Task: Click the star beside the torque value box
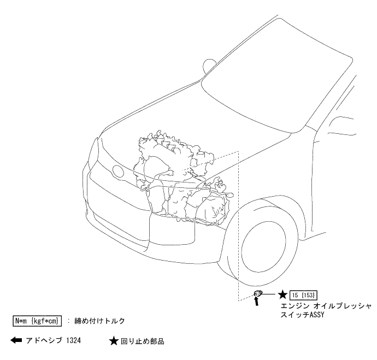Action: [x=283, y=295]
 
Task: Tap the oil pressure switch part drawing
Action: [x=258, y=295]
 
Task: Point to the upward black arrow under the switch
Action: [x=257, y=303]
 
